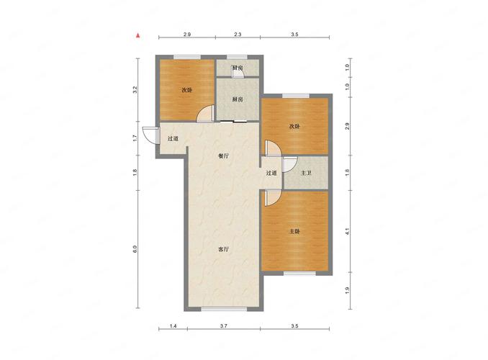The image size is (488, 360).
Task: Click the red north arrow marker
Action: [x=138, y=35]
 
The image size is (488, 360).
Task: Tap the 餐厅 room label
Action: [x=223, y=156]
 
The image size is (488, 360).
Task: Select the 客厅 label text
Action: [x=223, y=249]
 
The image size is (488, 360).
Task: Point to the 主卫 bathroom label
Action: [x=306, y=173]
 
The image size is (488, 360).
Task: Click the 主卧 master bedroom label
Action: [x=294, y=231]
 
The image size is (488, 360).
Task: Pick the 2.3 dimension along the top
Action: [x=238, y=35]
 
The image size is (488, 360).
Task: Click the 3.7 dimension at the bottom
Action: [x=223, y=326]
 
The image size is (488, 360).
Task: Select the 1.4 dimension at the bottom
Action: [x=173, y=326]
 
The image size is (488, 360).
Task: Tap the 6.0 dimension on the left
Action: [x=135, y=249]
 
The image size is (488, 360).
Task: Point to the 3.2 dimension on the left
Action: [x=135, y=90]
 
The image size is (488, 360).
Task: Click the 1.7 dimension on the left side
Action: [x=135, y=138]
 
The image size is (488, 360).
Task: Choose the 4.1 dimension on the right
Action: [x=348, y=231]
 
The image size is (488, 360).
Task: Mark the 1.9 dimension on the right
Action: [x=348, y=290]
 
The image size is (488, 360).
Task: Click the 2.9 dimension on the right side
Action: [x=348, y=126]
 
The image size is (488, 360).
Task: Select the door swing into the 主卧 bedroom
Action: [x=273, y=199]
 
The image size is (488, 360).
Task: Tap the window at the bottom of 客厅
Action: [x=224, y=309]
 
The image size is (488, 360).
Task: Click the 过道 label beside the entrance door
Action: [x=173, y=138]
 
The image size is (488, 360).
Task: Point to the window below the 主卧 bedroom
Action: [x=299, y=273]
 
